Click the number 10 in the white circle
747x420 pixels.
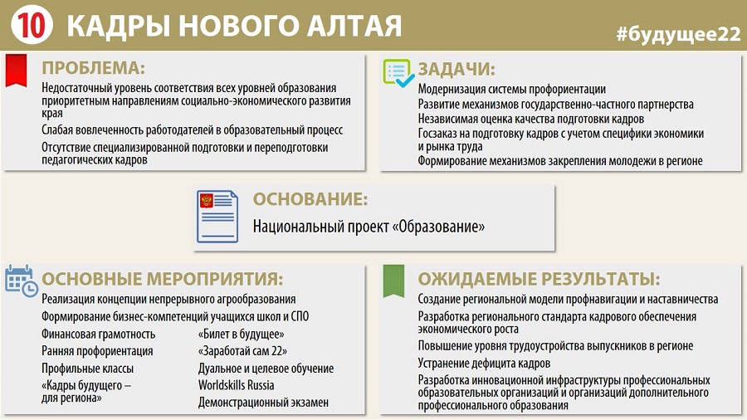point(32,24)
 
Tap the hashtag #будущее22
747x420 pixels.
point(678,35)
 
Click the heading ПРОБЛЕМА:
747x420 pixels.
point(93,68)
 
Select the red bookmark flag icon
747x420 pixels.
point(17,70)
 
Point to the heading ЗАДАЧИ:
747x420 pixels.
point(456,70)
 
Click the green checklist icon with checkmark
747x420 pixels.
point(398,73)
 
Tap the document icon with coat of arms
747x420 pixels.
point(217,217)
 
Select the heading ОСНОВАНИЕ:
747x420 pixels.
point(310,199)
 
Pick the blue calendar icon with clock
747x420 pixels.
point(21,281)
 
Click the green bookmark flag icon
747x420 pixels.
point(394,281)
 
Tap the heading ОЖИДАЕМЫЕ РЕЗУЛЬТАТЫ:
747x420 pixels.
point(539,280)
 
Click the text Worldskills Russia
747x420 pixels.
point(237,385)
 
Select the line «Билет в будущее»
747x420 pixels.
point(241,335)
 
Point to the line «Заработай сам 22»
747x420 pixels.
point(242,351)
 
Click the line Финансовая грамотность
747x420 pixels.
point(99,335)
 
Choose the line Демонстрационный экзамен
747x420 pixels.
point(263,403)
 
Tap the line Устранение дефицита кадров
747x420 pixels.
point(484,364)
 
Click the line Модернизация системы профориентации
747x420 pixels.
point(512,89)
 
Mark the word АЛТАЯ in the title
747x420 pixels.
point(354,26)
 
